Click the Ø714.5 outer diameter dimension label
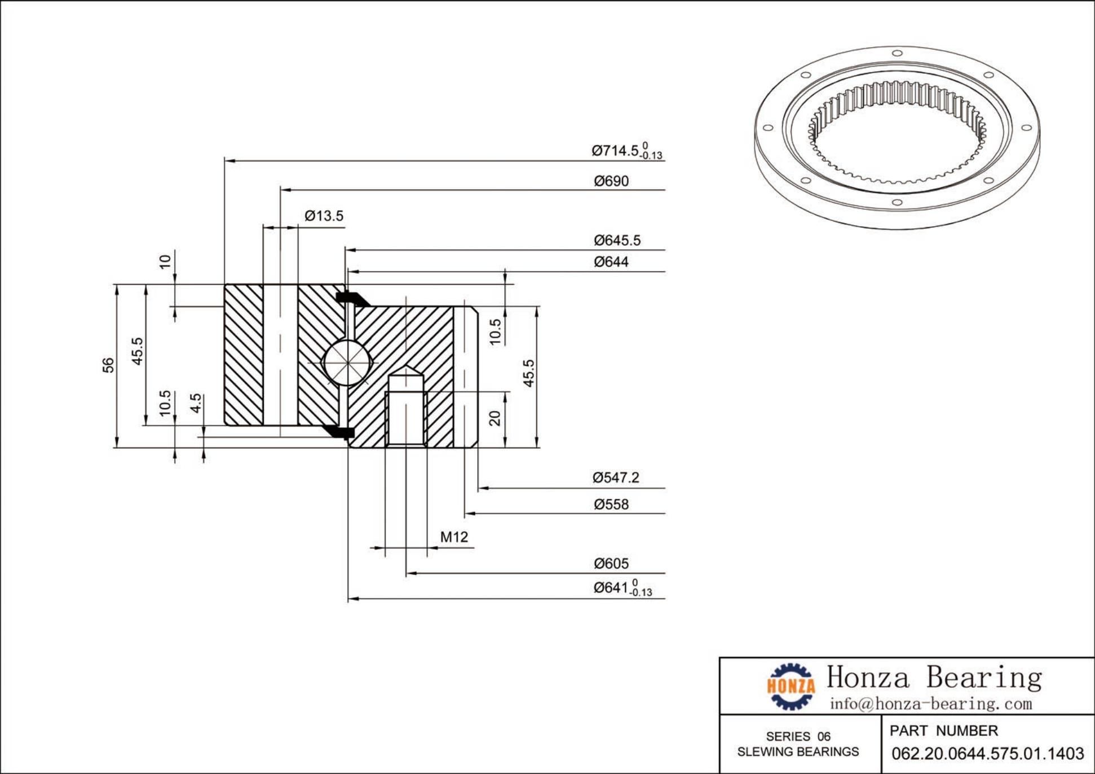626,151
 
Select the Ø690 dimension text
611,181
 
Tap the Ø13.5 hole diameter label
324,216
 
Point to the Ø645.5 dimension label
617,241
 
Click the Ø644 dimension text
611,262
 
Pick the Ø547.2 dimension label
616,478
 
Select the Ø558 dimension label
611,505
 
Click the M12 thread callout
454,537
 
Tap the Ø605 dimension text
611,564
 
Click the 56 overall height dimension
108,365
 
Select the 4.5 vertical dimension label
196,403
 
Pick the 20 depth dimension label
494,418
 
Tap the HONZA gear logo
791,686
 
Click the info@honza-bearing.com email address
930,704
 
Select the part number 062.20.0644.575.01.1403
987,754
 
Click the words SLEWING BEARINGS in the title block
798,752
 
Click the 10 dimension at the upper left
165,262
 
